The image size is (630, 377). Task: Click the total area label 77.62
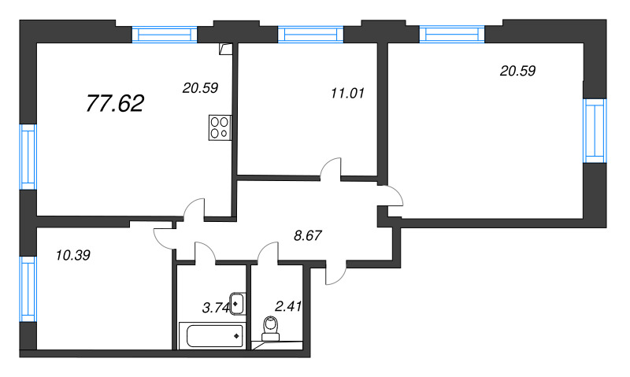[x=115, y=104]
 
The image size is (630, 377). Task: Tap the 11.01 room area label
[x=347, y=94]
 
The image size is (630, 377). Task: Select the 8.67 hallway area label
[x=308, y=235]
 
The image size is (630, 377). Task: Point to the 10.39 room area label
[x=73, y=255]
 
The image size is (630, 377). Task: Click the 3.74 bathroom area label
[x=216, y=308]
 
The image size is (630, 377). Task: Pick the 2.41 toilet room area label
[x=288, y=307]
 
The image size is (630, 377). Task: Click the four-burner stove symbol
[x=220, y=128]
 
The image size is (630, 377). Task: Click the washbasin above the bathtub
[x=237, y=305]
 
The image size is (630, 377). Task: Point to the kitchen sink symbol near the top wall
[x=226, y=49]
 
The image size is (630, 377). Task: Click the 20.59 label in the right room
[x=517, y=71]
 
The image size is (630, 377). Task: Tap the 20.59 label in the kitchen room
[x=200, y=88]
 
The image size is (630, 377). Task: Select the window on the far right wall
[x=595, y=131]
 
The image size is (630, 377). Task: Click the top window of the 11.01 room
[x=310, y=34]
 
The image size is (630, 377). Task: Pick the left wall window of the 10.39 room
[x=28, y=289]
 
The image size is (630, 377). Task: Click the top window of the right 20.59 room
[x=452, y=34]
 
